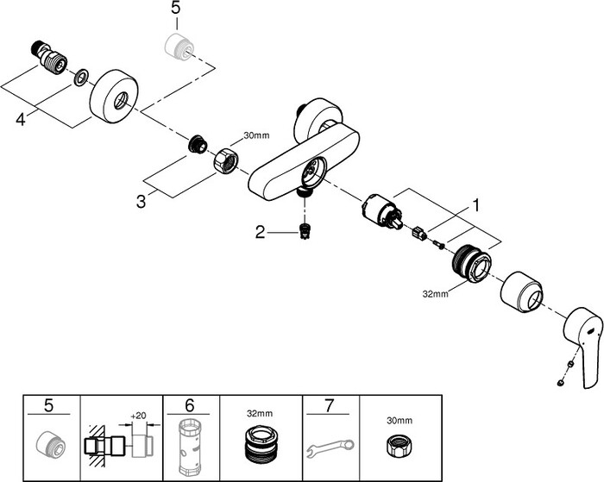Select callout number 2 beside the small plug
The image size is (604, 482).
pyautogui.click(x=259, y=230)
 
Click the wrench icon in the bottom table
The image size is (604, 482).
pyautogui.click(x=330, y=448)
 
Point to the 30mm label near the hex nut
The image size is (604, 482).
pyautogui.click(x=256, y=135)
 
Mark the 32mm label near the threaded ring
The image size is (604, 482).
pyautogui.click(x=436, y=293)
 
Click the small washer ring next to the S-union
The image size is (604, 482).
pyautogui.click(x=79, y=78)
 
